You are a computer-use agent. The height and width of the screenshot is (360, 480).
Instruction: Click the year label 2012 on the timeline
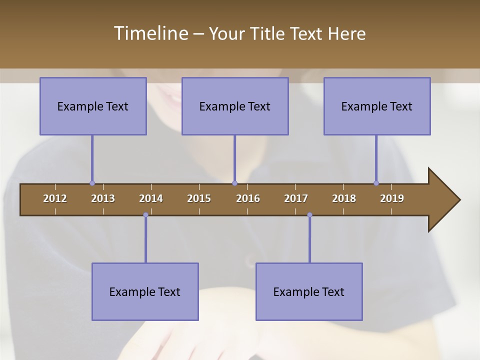[x=55, y=198]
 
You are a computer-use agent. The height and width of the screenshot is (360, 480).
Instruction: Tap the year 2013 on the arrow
[x=103, y=198]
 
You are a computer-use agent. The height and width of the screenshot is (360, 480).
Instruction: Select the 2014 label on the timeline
[x=151, y=198]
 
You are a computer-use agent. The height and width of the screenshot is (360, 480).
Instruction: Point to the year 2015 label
[x=199, y=198]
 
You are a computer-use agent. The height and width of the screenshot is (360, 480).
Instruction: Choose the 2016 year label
[x=248, y=198]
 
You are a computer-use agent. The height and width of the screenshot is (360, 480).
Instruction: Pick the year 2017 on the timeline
[x=296, y=198]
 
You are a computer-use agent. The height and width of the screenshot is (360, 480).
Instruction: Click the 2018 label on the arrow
[x=344, y=198]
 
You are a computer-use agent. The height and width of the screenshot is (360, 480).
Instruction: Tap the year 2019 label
[x=392, y=198]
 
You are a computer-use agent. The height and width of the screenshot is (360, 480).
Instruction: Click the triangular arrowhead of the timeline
[x=443, y=200]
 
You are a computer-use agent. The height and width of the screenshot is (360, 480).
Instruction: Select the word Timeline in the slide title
[x=150, y=33]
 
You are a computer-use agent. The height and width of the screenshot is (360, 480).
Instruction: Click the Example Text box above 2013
[x=93, y=106]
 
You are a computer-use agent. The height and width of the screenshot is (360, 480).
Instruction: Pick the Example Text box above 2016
[x=235, y=106]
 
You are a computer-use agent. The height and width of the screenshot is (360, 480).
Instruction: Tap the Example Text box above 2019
[x=377, y=106]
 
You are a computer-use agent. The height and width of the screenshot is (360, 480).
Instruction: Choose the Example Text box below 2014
[x=145, y=291]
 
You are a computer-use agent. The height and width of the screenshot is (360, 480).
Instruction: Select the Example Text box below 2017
[x=309, y=291]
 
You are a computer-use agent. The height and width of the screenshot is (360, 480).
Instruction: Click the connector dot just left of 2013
[x=92, y=183]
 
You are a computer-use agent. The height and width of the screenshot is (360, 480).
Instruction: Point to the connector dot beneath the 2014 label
[x=145, y=215]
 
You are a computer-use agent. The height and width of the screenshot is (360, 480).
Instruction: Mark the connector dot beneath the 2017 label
[x=309, y=215]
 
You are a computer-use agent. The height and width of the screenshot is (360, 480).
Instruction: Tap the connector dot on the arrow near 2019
[x=376, y=183]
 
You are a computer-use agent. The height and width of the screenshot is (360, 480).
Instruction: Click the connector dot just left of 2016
[x=234, y=183]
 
